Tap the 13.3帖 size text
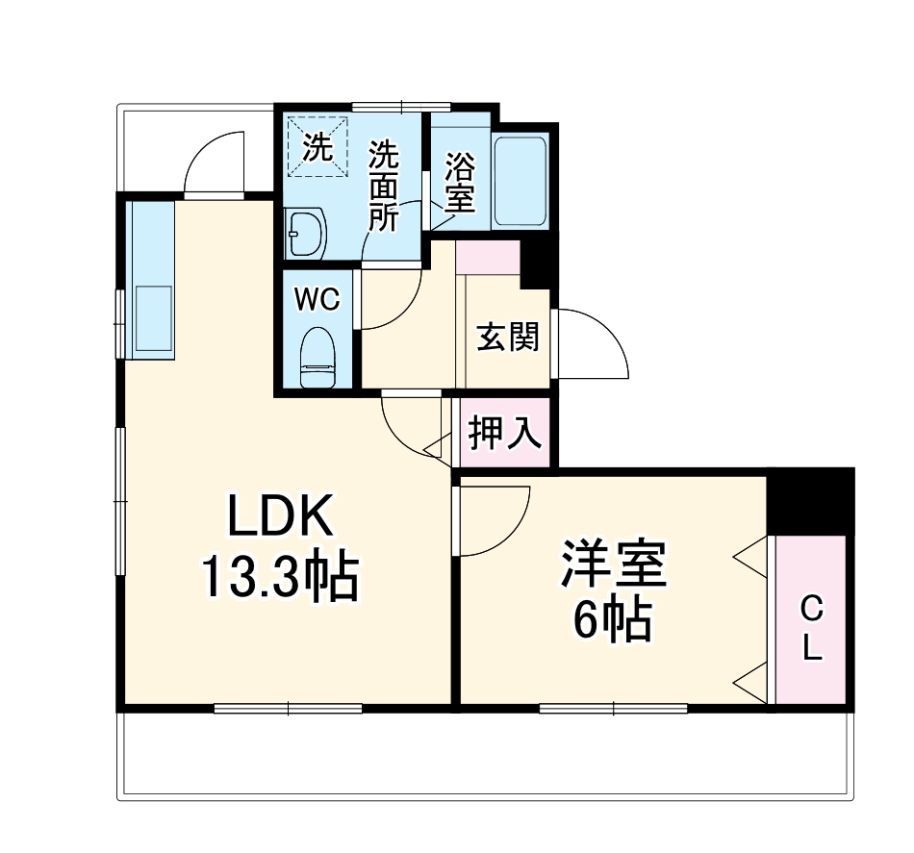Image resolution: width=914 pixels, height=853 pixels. (x=280, y=577)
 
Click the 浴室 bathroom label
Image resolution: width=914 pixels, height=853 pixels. (x=459, y=185)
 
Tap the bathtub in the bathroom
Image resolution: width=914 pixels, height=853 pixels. (x=520, y=180)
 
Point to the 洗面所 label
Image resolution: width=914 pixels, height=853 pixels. (x=385, y=185)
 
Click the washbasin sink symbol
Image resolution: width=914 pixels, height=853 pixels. (x=307, y=234)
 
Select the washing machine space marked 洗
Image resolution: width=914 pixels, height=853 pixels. (x=317, y=147)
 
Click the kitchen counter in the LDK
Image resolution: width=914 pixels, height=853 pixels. (x=152, y=279)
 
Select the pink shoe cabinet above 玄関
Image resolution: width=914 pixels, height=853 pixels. (x=488, y=259)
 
